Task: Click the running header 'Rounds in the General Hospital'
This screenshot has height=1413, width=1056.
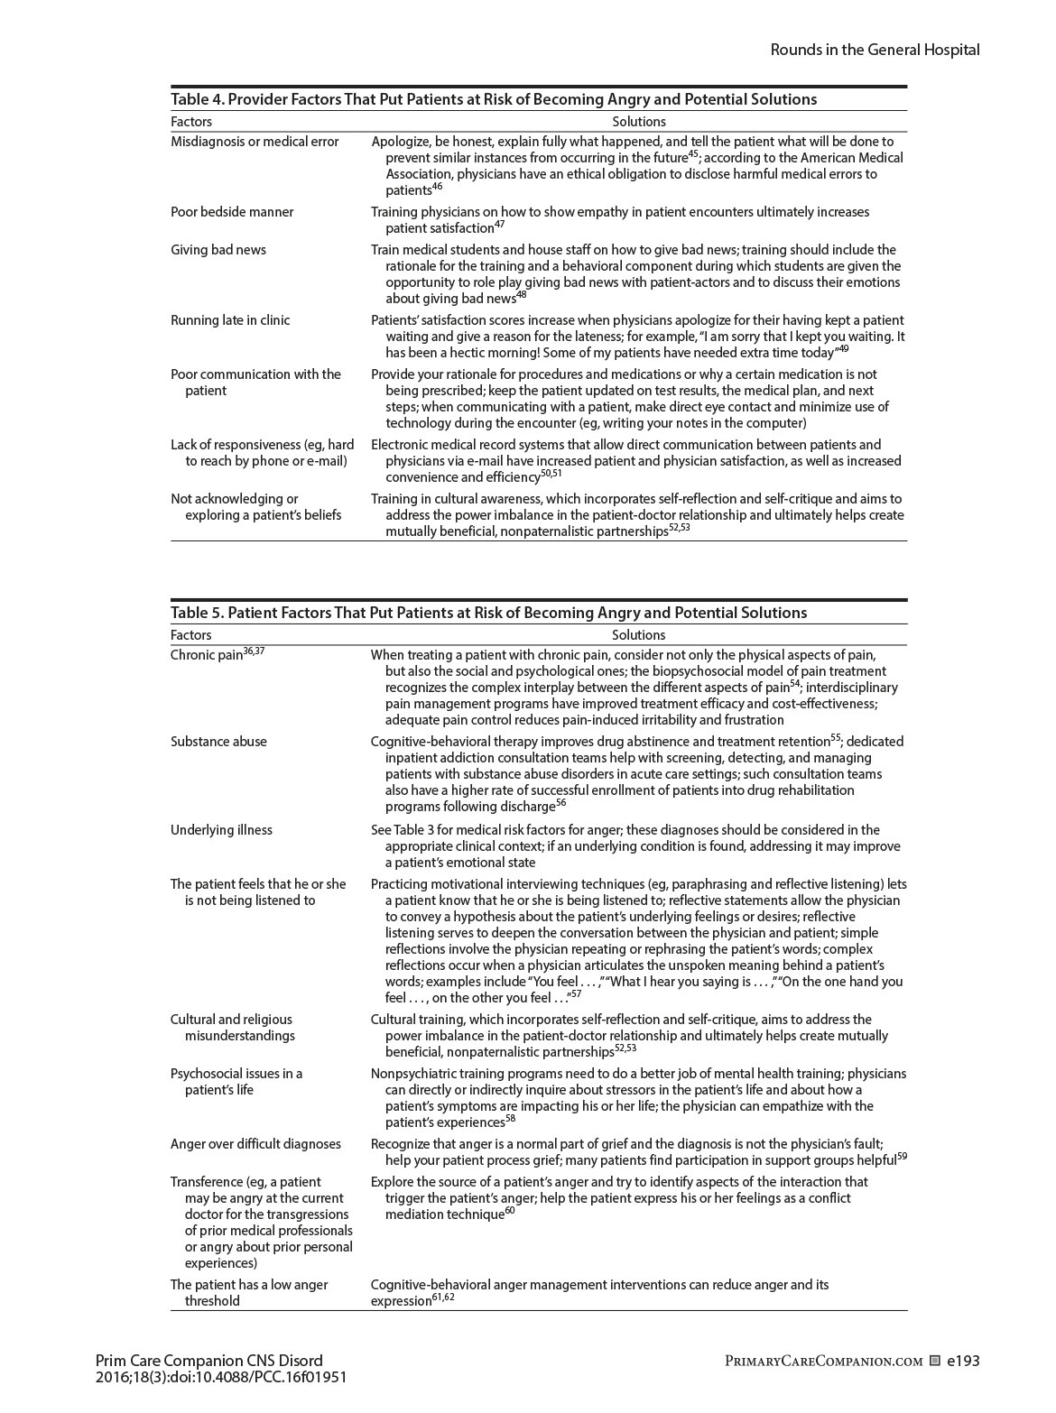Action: point(874,50)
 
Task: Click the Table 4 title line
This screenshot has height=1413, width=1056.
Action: point(494,99)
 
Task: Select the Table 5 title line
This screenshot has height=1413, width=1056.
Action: point(488,613)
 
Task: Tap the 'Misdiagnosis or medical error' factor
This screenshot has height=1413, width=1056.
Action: point(255,142)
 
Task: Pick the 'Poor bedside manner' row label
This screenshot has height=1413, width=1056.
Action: point(232,212)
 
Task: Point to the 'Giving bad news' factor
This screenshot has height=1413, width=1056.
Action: point(218,250)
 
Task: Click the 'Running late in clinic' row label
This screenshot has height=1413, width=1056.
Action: point(230,320)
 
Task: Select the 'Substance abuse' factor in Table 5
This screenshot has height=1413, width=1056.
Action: point(218,742)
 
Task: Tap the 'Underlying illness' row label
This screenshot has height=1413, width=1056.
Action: point(221,830)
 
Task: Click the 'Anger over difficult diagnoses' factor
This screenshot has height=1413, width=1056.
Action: point(255,1144)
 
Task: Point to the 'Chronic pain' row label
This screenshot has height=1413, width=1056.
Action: point(207,655)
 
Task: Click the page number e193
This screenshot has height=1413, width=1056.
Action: point(963,1361)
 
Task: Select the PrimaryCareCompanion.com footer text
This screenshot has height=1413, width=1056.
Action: point(824,1362)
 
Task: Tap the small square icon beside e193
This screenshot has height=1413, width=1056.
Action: point(935,1361)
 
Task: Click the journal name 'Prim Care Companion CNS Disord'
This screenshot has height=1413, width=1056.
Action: point(208,1361)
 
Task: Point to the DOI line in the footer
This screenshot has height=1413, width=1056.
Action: point(220,1378)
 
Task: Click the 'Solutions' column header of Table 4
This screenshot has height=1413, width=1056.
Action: point(638,122)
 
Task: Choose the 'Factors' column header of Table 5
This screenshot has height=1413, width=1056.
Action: point(190,635)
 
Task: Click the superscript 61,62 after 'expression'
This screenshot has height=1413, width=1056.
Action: point(443,1298)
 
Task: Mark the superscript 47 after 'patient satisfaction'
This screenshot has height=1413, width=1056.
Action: point(499,225)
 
